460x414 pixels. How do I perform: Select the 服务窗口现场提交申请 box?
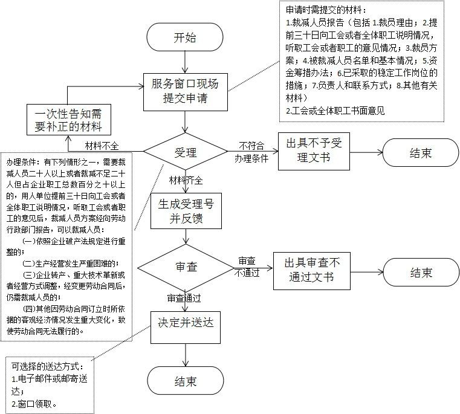[x=185, y=91]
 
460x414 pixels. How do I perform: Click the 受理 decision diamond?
[x=186, y=151]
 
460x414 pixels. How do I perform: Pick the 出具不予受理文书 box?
[x=314, y=151]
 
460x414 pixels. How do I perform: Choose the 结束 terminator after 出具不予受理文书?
[x=421, y=152]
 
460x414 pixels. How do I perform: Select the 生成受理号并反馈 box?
[x=186, y=210]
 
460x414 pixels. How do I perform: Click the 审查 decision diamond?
[x=186, y=267]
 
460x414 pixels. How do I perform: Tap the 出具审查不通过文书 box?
[x=312, y=270]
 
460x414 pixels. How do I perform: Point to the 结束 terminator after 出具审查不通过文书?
[x=421, y=272]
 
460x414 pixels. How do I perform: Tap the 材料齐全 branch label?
[x=186, y=180]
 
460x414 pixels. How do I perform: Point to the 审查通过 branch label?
[x=184, y=297]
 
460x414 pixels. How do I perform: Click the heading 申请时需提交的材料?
[x=321, y=11]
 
